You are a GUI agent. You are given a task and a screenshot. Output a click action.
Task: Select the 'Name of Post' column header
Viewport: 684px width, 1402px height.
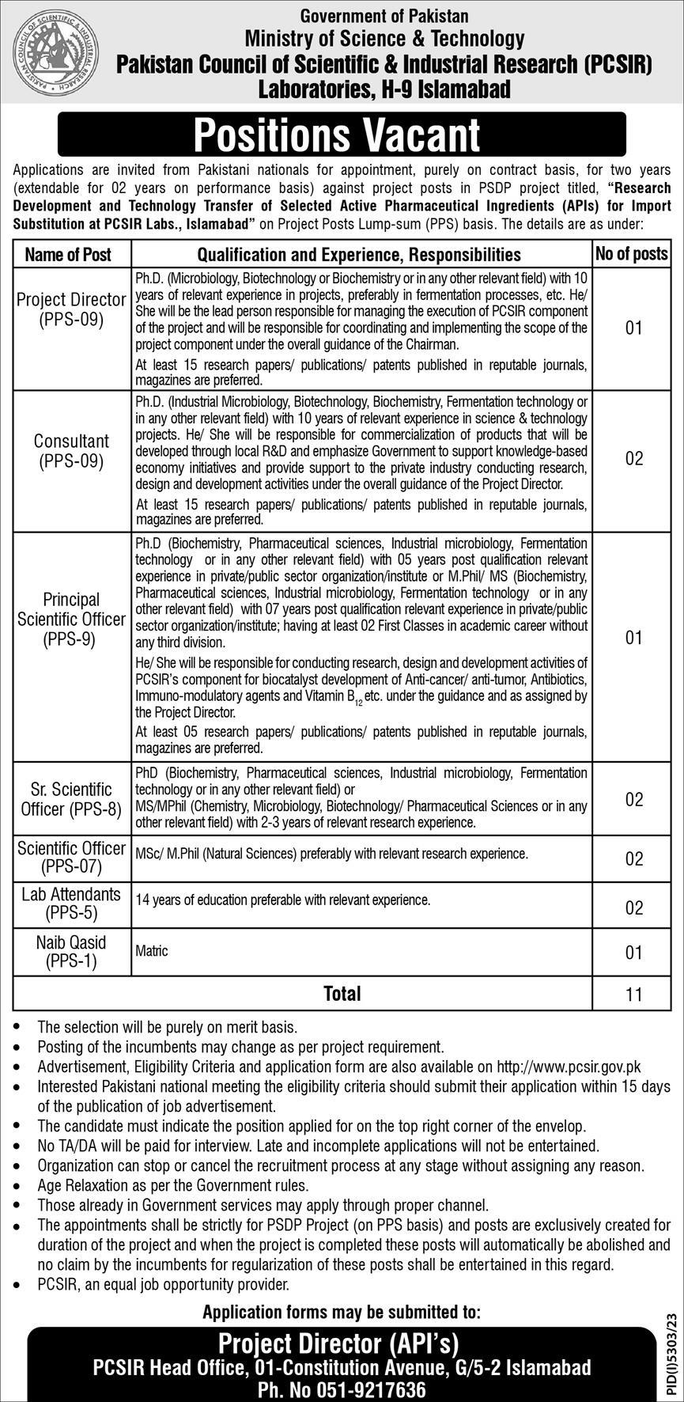tap(69, 255)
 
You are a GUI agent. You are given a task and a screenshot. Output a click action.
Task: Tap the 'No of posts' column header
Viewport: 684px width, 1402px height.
tap(631, 254)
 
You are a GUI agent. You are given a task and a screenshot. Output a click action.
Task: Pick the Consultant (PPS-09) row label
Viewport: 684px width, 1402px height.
tap(72, 451)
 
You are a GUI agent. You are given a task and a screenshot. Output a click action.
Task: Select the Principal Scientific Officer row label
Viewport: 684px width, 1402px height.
tap(72, 620)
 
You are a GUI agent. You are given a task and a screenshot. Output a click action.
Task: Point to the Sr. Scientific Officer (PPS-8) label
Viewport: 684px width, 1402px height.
tap(72, 799)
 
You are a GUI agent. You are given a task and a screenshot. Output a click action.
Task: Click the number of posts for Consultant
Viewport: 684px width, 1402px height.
tap(634, 459)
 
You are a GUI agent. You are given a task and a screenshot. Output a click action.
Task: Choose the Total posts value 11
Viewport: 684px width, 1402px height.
tap(634, 995)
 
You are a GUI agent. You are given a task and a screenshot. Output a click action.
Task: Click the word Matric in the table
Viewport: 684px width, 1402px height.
tap(152, 951)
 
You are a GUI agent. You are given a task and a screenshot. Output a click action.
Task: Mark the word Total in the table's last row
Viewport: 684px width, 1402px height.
tap(342, 994)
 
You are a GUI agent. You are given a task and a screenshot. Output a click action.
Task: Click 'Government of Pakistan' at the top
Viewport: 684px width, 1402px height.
tap(385, 16)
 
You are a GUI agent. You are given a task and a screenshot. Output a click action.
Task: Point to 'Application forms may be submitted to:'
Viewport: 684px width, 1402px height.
tap(342, 1312)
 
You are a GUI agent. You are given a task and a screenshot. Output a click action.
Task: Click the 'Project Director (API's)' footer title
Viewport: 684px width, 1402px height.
tap(338, 1343)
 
